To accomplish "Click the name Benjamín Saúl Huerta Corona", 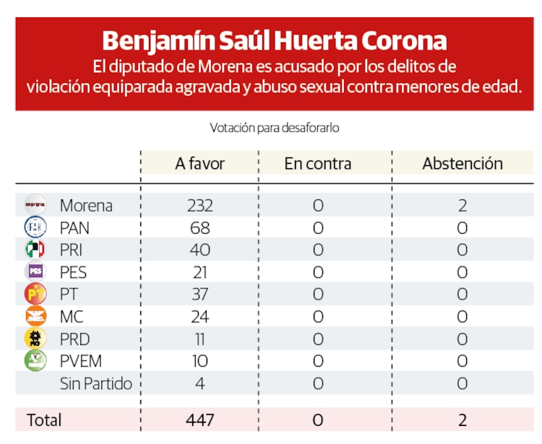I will [x=274, y=40].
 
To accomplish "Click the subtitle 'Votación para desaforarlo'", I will [x=275, y=128].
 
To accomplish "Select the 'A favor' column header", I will [x=199, y=163].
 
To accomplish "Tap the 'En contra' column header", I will [x=318, y=163].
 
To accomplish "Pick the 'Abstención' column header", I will [x=463, y=163].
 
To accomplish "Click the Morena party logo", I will [x=35, y=205].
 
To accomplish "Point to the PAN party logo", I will [x=35, y=227].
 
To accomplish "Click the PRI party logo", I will [x=35, y=250].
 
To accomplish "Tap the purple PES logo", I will [x=35, y=272].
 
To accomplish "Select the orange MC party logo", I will [x=35, y=316].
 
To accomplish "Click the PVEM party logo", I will [x=35, y=360].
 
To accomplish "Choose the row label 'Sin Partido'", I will [x=95, y=383].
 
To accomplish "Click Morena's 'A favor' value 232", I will [x=199, y=206].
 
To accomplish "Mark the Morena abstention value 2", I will [x=463, y=206].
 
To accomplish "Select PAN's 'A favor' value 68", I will [x=199, y=228].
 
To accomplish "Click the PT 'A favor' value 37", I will [x=199, y=295].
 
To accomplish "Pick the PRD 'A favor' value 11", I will [x=199, y=339].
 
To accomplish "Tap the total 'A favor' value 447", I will [x=199, y=419].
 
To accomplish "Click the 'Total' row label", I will [x=44, y=419].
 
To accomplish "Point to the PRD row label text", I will [x=75, y=339].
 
